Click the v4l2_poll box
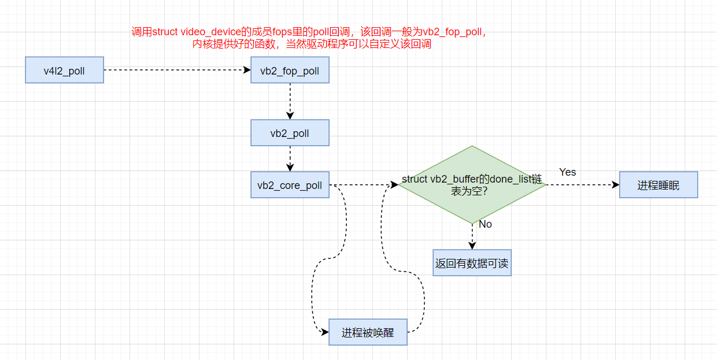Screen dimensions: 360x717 (x=64, y=70)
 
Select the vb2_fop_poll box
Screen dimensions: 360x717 (x=290, y=70)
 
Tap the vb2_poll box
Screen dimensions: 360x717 (x=290, y=133)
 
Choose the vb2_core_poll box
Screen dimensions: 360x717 (x=290, y=185)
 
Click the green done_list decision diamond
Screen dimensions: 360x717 (x=472, y=185)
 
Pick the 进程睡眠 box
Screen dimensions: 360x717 (x=659, y=185)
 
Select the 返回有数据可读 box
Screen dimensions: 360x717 (x=472, y=263)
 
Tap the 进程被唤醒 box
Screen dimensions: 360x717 (x=368, y=332)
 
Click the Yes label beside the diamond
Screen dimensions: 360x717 (x=567, y=172)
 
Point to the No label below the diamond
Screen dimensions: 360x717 (x=485, y=224)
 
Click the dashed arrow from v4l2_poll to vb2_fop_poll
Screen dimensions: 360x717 (x=173, y=70)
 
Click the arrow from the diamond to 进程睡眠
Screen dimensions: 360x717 (x=578, y=185)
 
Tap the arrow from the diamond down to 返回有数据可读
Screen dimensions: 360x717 (x=472, y=236)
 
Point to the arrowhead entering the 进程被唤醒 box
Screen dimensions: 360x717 (x=324, y=332)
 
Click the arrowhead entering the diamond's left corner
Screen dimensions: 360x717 (x=394, y=185)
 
